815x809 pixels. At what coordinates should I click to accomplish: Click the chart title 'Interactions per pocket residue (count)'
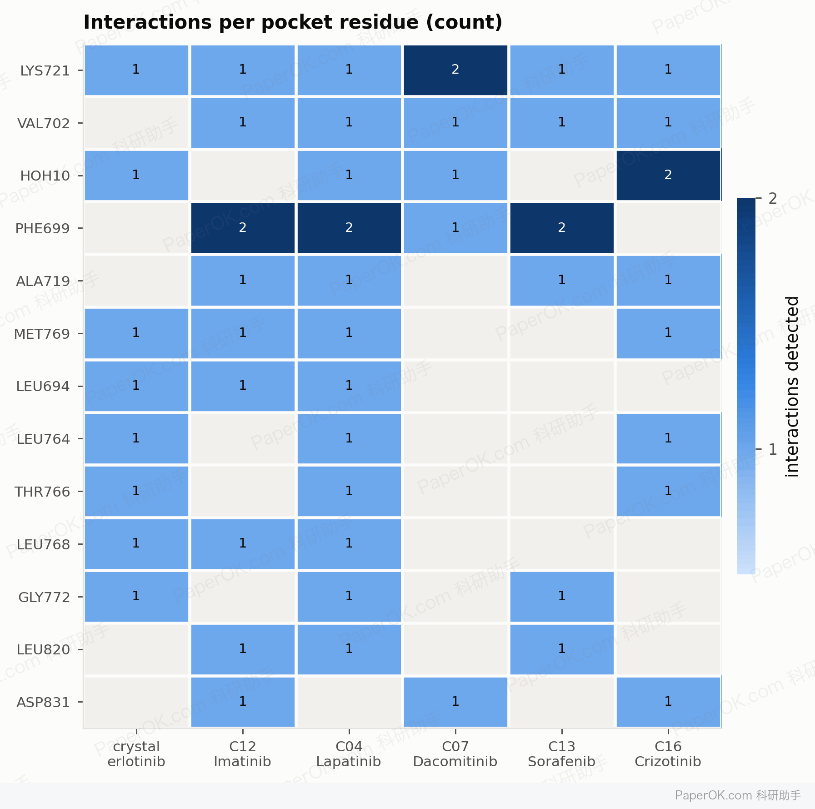tap(293, 22)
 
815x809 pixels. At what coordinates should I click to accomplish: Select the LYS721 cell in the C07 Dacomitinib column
tap(455, 70)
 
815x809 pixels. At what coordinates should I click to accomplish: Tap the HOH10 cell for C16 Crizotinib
tap(668, 175)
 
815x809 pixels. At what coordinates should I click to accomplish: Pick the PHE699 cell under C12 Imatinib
tap(243, 228)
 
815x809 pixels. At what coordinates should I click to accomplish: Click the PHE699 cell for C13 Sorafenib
tap(562, 228)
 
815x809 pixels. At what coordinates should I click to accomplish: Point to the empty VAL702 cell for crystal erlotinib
tap(136, 123)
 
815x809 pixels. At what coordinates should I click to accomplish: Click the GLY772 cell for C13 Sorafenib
tap(562, 597)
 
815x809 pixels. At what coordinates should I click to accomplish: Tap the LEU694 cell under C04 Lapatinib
tap(349, 386)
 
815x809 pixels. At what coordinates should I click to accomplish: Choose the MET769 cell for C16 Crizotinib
tap(668, 333)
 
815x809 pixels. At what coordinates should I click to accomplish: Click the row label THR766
tap(42, 492)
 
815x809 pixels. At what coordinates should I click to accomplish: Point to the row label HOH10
tap(45, 176)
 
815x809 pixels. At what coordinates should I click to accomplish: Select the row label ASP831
tap(43, 703)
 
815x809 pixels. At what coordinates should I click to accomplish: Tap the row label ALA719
tap(43, 281)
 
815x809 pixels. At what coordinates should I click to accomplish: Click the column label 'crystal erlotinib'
tap(136, 754)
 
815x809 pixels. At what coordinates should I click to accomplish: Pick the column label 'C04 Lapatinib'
tap(349, 754)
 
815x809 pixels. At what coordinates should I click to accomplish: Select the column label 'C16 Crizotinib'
tap(668, 754)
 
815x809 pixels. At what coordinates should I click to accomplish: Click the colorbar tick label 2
tap(773, 198)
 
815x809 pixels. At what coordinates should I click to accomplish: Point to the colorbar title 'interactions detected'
tap(792, 387)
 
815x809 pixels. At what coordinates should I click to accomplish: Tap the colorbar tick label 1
tap(773, 449)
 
